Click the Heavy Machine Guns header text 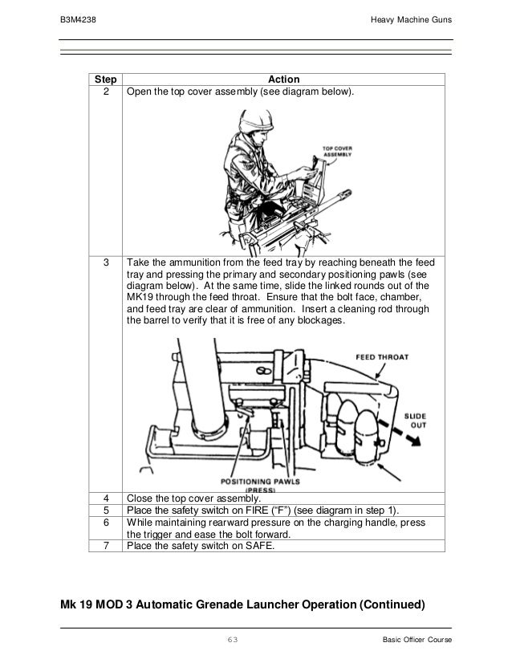pyautogui.click(x=412, y=19)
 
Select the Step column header pyautogui.click(x=105, y=79)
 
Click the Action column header pyautogui.click(x=283, y=79)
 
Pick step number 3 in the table pyautogui.click(x=105, y=262)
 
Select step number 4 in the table pyautogui.click(x=105, y=498)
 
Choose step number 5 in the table pyautogui.click(x=105, y=510)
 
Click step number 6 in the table pyautogui.click(x=105, y=522)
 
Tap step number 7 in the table pyautogui.click(x=105, y=547)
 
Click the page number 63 pyautogui.click(x=234, y=639)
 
